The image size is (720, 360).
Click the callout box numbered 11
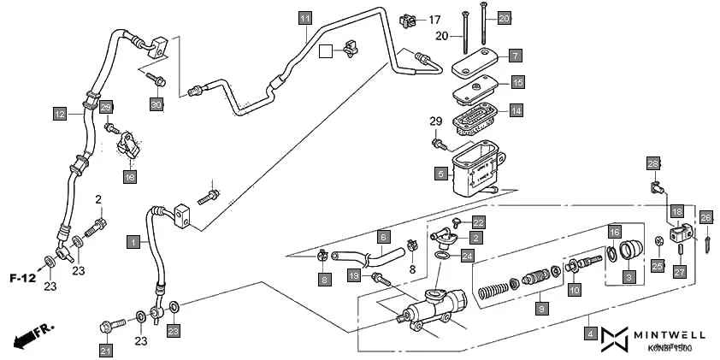coord(305,17)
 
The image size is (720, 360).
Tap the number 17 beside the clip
coord(434,20)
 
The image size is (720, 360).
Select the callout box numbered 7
coord(515,55)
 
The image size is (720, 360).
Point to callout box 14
coord(516,109)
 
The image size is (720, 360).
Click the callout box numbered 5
coord(441,174)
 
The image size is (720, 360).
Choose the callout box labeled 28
coord(652,164)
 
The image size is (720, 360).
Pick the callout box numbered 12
coord(59,113)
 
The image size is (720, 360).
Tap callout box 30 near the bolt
coord(156,104)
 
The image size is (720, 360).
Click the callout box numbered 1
coord(133,242)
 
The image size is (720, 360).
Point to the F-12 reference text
coord(23,278)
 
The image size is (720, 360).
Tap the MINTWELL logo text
coord(670,335)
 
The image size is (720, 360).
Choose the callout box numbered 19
coord(352,275)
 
